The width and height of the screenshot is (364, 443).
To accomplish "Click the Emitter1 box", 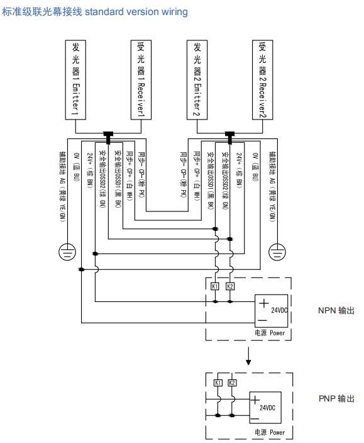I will point(76,79).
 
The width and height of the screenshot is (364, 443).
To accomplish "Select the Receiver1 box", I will point(140,79).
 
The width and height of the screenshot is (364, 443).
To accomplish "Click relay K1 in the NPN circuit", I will point(215,286).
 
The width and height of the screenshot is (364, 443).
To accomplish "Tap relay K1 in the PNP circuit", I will point(218,383).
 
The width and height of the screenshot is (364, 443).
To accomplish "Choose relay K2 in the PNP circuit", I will point(232,383).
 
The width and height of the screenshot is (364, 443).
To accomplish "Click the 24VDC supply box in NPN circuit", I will point(272,310).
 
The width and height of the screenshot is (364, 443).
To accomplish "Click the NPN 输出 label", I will point(337,310).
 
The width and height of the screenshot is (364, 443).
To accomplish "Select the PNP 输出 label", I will point(337,398).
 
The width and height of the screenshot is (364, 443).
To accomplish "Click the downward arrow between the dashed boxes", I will point(249,359).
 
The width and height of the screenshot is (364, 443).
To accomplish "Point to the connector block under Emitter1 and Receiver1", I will point(108,134).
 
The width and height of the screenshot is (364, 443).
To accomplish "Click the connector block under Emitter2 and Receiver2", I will point(229,134).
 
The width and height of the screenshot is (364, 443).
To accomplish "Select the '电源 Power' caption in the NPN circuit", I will point(269,332).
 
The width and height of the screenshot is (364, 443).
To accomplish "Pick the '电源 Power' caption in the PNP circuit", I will point(269,432).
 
